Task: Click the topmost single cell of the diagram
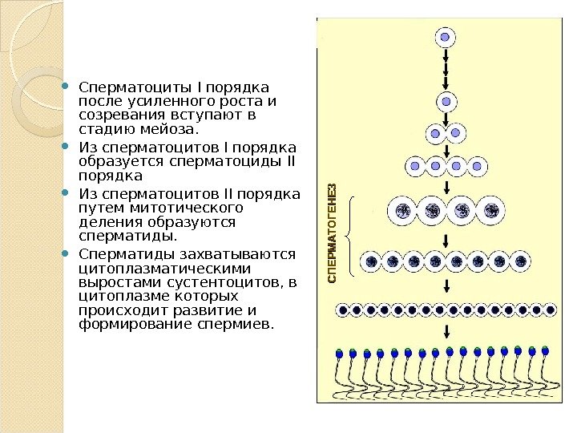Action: click(446, 38)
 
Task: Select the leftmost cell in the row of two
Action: click(435, 133)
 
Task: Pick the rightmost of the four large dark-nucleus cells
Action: click(490, 211)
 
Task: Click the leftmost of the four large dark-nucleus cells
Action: click(403, 211)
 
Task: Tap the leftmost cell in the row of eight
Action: click(372, 261)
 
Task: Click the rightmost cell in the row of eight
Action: click(521, 261)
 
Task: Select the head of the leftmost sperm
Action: click(339, 353)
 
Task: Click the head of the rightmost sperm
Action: click(546, 350)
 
